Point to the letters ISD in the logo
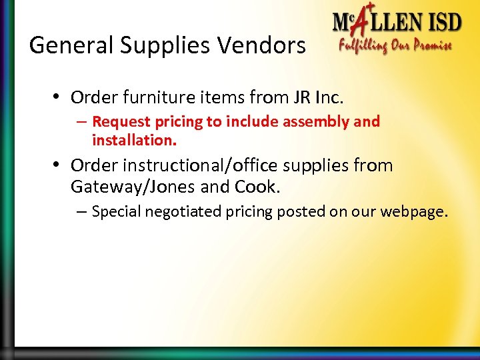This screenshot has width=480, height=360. click(x=441, y=23)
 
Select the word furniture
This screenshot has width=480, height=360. click(x=151, y=98)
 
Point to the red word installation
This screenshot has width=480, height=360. click(x=134, y=141)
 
